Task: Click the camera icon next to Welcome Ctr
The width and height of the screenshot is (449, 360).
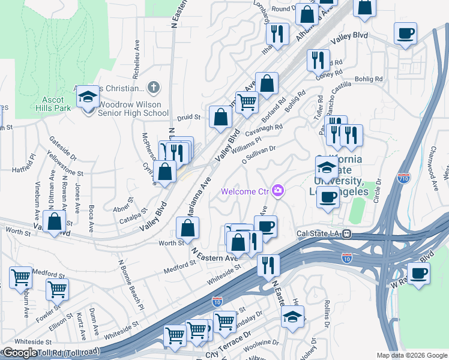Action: (277, 191)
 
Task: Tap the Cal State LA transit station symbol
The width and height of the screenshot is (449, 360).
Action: (346, 234)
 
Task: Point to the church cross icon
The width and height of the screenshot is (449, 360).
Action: (154, 88)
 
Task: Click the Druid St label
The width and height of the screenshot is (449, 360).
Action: (188, 118)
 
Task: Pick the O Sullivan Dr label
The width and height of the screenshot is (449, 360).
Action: (259, 155)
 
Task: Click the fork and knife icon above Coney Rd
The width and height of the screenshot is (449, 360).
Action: (318, 60)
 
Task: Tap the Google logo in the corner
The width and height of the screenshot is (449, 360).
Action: (20, 353)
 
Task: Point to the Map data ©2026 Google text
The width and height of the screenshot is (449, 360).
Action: (412, 355)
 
